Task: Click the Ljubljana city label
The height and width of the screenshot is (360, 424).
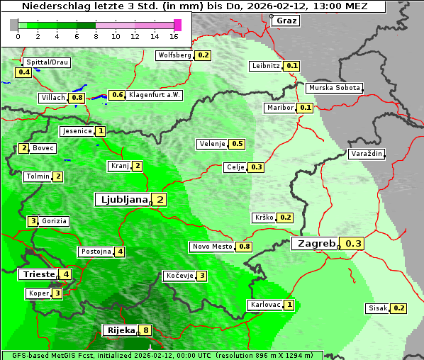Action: [121, 200]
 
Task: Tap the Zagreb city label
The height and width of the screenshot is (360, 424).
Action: [316, 244]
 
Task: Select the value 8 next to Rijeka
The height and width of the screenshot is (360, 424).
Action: [146, 330]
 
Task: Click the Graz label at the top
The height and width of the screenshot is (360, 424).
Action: [286, 21]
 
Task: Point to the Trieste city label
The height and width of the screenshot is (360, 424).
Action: [38, 274]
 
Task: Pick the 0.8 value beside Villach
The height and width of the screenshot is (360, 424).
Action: [77, 97]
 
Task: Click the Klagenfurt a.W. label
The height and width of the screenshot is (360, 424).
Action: [155, 95]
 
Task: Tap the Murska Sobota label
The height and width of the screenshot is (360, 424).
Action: [334, 88]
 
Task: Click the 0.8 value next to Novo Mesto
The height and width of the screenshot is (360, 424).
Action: [245, 247]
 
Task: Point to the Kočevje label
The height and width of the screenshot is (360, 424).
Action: [179, 276]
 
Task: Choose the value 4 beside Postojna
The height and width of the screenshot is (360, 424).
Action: [121, 252]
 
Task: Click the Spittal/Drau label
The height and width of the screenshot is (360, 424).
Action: [47, 62]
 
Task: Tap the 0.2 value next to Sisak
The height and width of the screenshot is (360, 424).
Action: [399, 308]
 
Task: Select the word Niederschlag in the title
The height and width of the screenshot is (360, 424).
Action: [52, 6]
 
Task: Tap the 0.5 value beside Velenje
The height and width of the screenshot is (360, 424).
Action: [238, 144]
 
